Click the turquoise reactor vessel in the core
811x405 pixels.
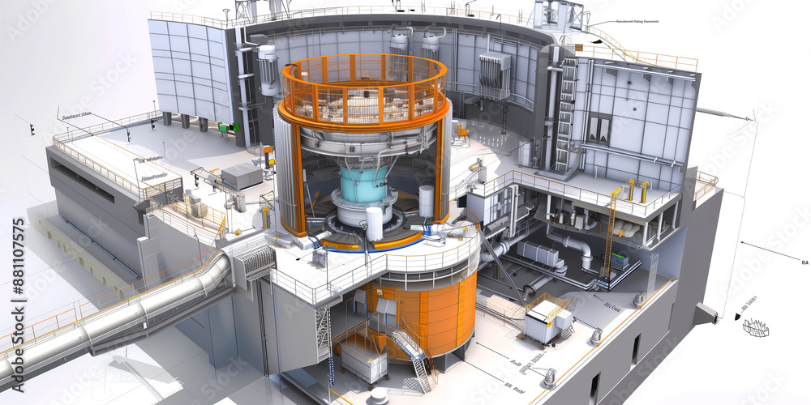pyautogui.click(x=363, y=184)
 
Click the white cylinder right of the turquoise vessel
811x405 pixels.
pyautogui.click(x=426, y=200)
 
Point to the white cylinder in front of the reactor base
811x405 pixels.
pyautogui.click(x=374, y=223)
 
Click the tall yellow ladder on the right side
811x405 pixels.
pyautogui.click(x=608, y=235)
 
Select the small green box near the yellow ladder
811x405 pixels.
pyautogui.click(x=620, y=262)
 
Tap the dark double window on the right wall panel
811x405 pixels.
pyautogui.click(x=599, y=128)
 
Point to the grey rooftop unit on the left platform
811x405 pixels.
pyautogui.click(x=241, y=176)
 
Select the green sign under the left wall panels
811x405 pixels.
pyautogui.click(x=234, y=127)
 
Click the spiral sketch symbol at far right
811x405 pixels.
pyautogui.click(x=756, y=328)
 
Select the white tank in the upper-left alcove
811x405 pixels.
pyautogui.click(x=268, y=70)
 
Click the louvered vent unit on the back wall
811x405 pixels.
pyautogui.click(x=494, y=76)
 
